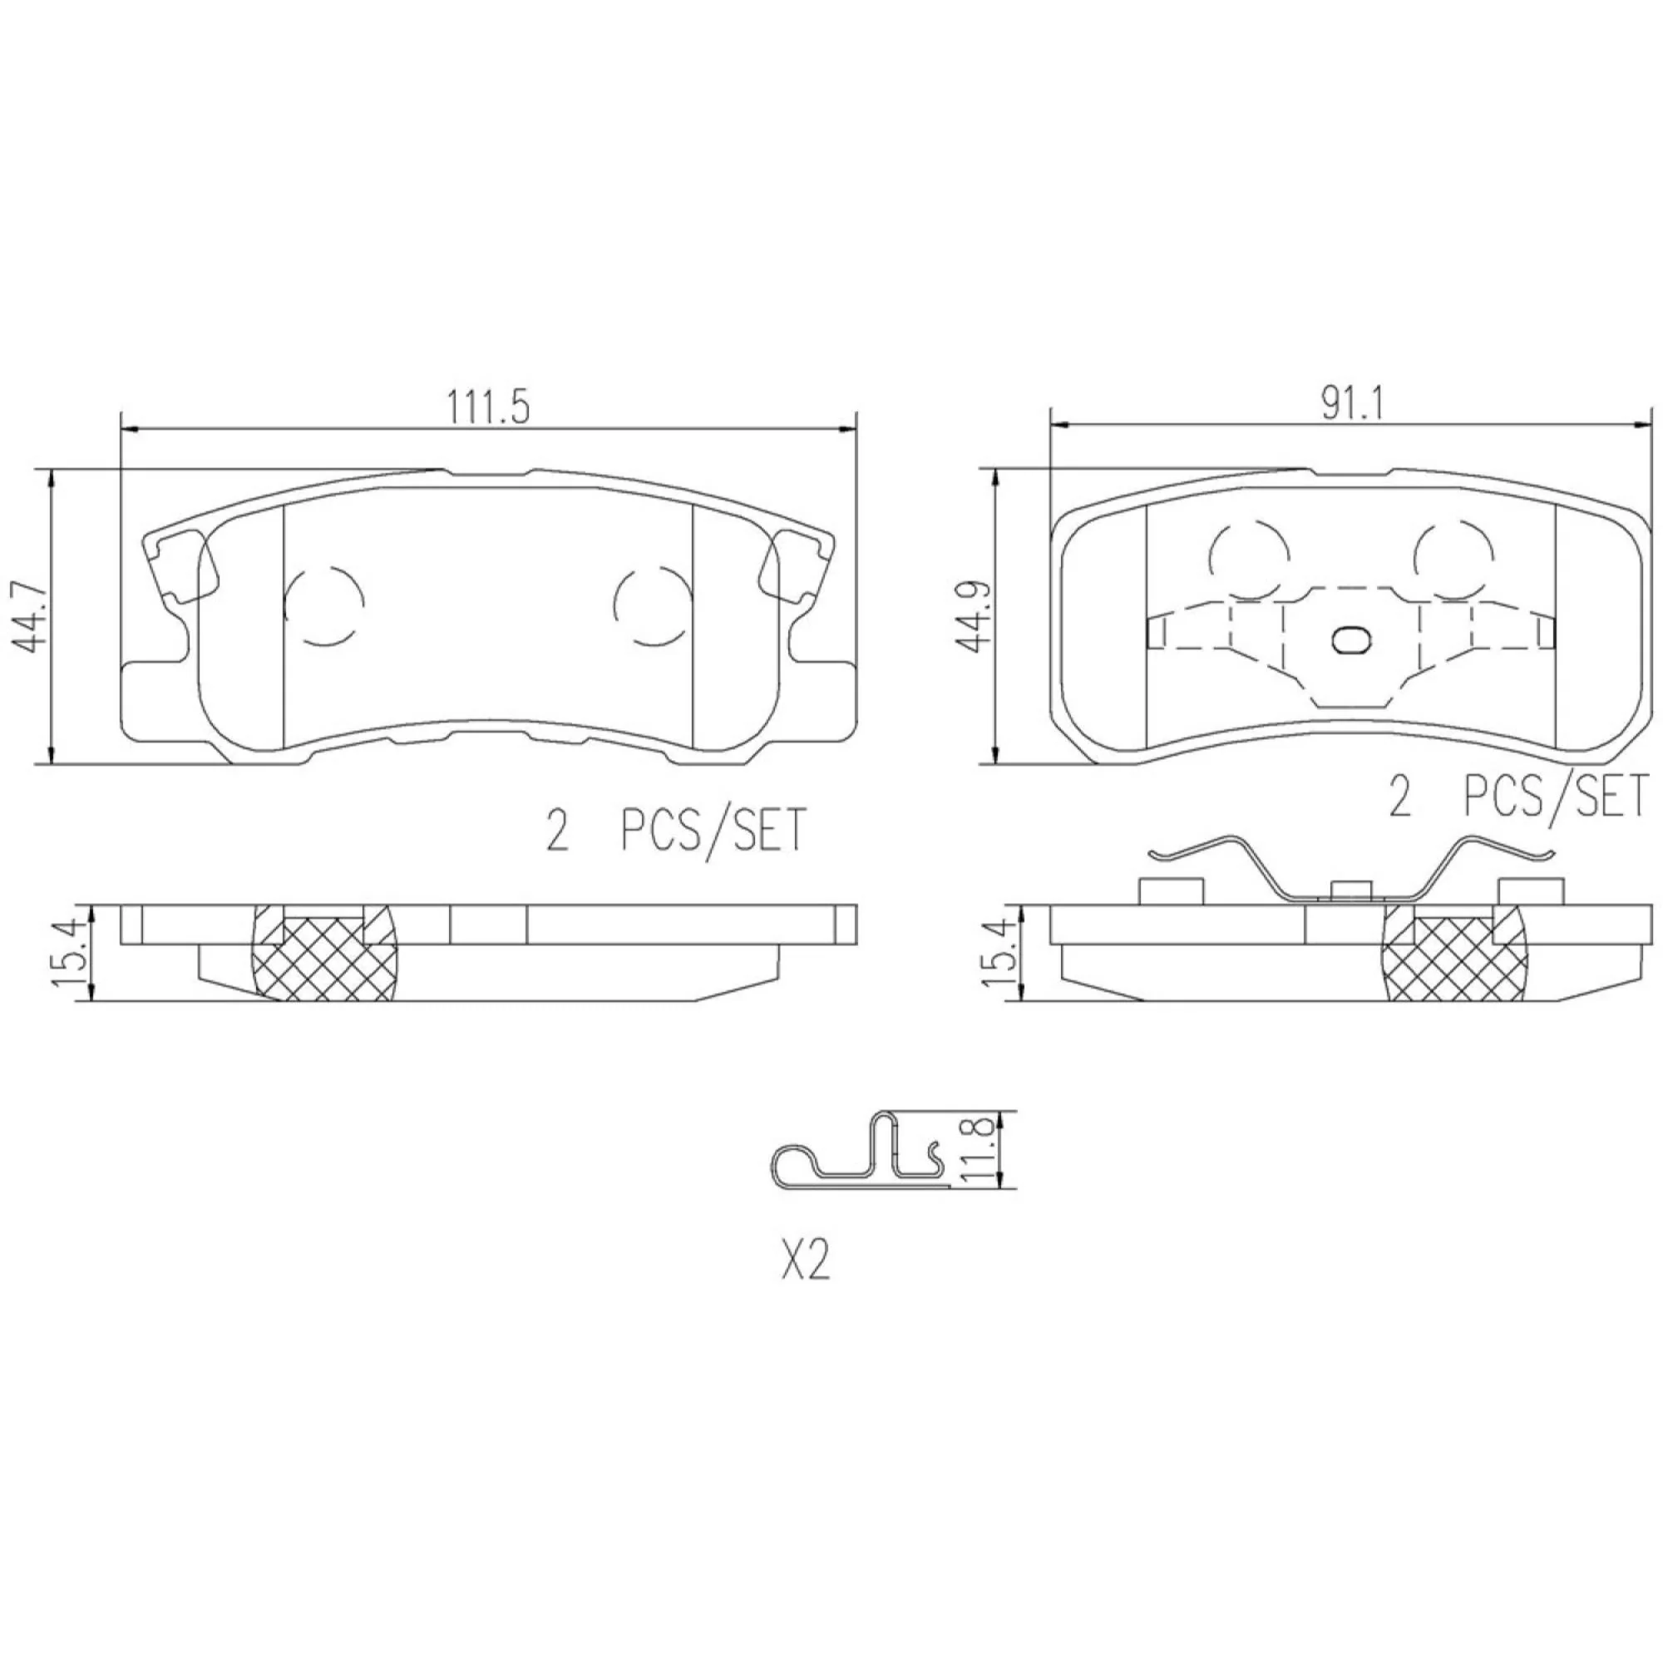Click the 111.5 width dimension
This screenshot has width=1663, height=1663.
click(x=487, y=407)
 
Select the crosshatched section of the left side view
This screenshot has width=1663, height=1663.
click(x=323, y=954)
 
